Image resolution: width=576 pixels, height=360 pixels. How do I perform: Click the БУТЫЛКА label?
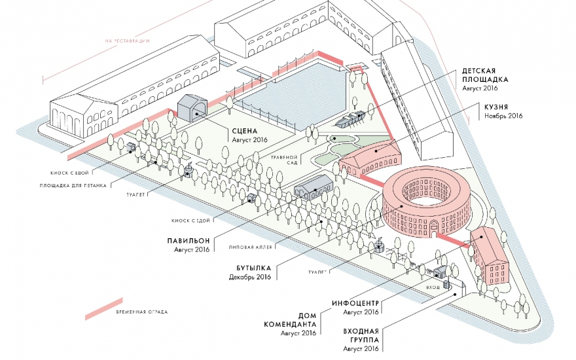pyautogui.click(x=252, y=267)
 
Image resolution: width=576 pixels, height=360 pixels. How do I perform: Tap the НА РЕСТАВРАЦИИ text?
pyautogui.click(x=128, y=41)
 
